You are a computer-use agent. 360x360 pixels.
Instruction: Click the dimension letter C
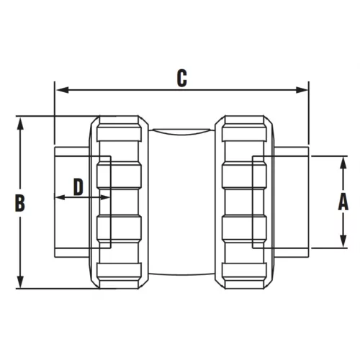pyautogui.click(x=182, y=78)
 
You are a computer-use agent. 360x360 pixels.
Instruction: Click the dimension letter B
pyautogui.click(x=20, y=203)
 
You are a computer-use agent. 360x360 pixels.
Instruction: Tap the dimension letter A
pyautogui.click(x=343, y=202)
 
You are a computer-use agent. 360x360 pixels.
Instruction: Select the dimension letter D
pyautogui.click(x=78, y=187)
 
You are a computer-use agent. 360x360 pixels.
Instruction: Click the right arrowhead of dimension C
pyautogui.click(x=302, y=90)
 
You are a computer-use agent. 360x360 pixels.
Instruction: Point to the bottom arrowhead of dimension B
pyautogui.click(x=20, y=282)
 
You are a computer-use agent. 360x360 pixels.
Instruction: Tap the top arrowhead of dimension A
pyautogui.click(x=343, y=163)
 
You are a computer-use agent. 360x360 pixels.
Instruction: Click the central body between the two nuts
pyautogui.click(x=181, y=202)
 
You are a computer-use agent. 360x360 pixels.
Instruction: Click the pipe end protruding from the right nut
pyautogui.click(x=292, y=202)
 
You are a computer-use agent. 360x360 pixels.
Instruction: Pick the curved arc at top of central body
pyautogui.click(x=181, y=132)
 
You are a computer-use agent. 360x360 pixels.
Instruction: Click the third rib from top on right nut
pyautogui.click(x=244, y=228)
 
